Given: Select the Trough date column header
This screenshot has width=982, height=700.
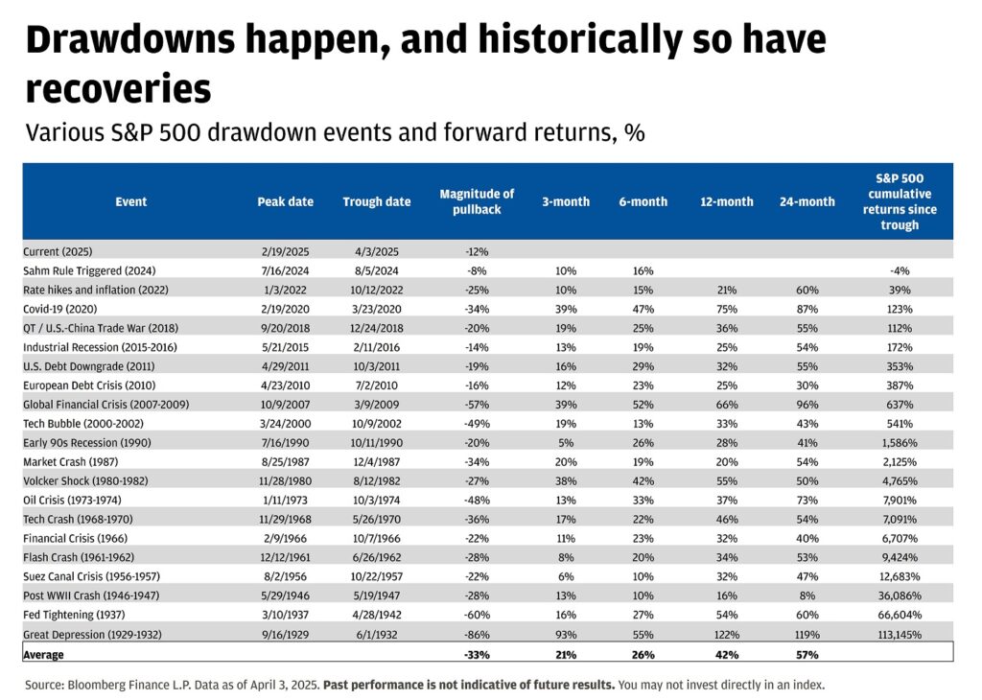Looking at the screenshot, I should [x=376, y=202].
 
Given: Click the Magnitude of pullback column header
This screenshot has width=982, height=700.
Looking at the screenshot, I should [x=477, y=201].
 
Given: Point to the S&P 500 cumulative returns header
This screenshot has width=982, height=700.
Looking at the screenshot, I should [x=900, y=201].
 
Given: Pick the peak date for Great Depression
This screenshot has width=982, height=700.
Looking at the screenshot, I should [x=285, y=635].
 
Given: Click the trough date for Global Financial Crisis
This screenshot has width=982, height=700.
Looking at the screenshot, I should [x=376, y=405].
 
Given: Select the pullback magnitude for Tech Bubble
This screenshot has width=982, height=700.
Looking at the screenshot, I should [x=477, y=424].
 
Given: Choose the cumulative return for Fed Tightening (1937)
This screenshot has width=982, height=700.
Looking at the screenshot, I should [x=899, y=616].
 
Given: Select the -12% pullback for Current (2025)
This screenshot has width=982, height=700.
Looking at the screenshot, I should [x=477, y=251].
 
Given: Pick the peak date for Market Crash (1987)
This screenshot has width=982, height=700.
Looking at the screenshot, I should [x=285, y=462].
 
